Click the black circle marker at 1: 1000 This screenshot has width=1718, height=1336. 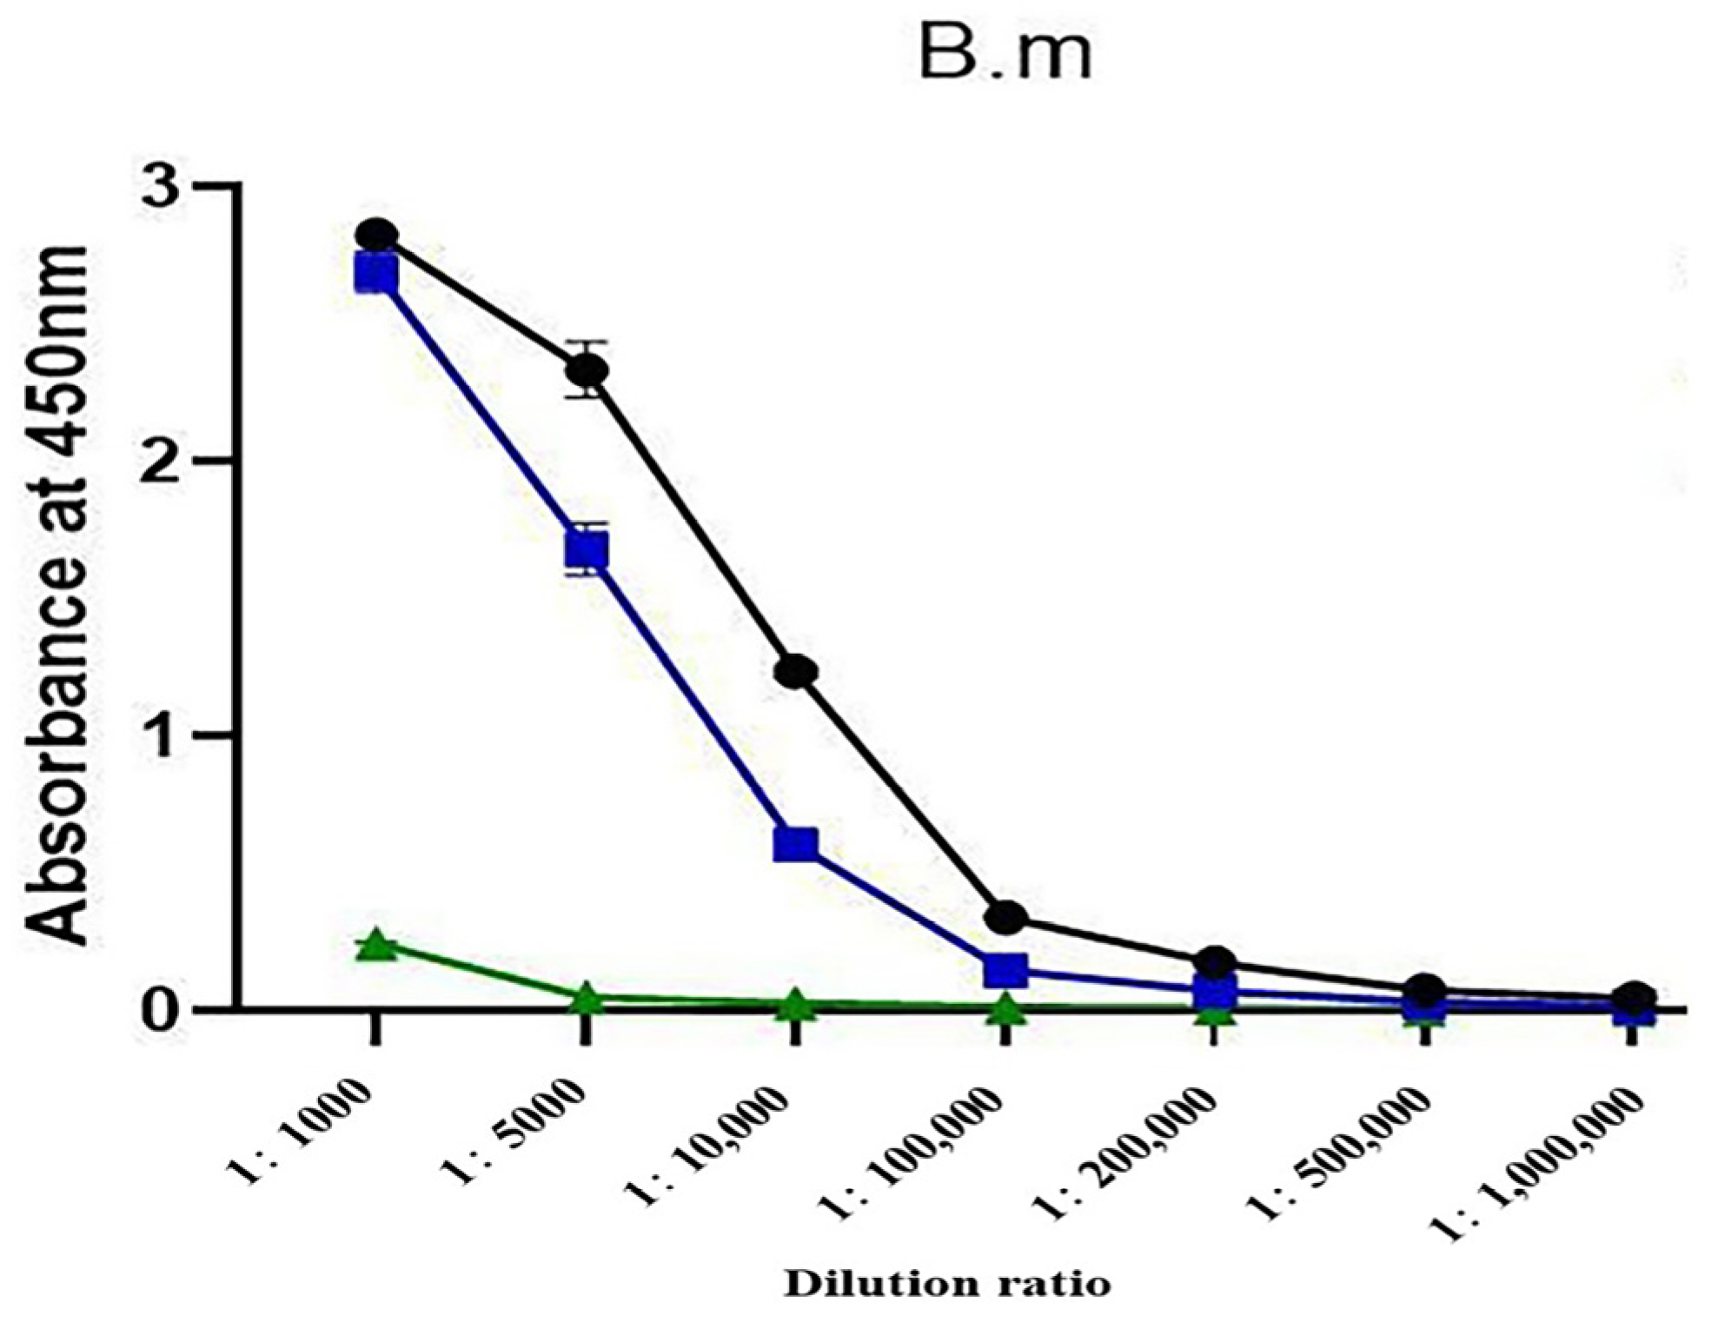point(376,236)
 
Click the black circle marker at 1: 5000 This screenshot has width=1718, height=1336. point(587,371)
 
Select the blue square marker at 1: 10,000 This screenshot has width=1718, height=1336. point(795,844)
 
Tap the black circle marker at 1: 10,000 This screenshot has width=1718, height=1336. point(796,672)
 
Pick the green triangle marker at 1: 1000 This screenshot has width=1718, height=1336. point(376,945)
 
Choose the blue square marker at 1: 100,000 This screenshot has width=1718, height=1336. point(1006,970)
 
